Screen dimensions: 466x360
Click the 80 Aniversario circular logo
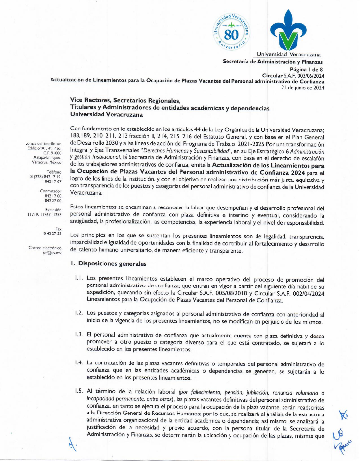232,32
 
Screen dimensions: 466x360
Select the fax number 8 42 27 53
52,234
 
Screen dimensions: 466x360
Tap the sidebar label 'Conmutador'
50,190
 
